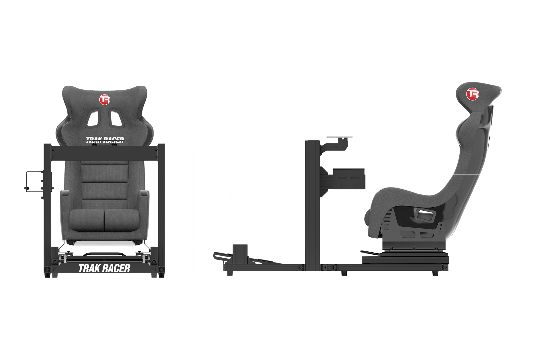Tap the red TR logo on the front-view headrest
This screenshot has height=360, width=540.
tap(105, 100)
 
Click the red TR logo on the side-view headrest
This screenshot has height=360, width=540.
tap(472, 94)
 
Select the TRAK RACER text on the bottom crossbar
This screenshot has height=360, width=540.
tap(104, 268)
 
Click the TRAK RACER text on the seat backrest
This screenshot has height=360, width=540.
tap(105, 140)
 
